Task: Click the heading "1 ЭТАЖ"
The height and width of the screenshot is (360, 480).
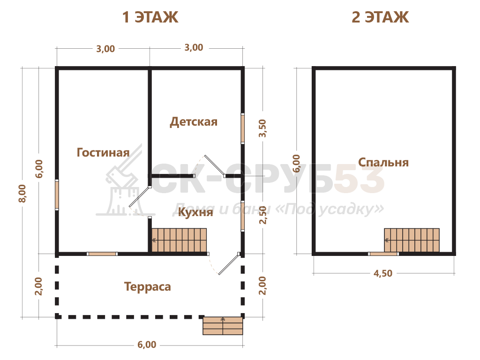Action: (x=150, y=17)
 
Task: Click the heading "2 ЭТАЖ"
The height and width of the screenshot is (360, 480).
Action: (x=380, y=17)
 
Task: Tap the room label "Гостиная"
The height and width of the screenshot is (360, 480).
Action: (x=103, y=152)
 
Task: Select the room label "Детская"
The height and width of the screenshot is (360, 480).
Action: (x=194, y=122)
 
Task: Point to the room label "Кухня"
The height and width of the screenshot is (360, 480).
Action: (x=195, y=212)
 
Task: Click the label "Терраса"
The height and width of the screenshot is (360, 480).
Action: (x=148, y=287)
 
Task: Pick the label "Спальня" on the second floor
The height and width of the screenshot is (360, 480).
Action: (x=383, y=162)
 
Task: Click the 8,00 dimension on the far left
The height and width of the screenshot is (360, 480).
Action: (x=22, y=193)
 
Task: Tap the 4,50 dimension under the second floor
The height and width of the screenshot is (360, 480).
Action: (x=382, y=273)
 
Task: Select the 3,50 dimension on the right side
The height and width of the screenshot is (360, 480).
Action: (x=262, y=128)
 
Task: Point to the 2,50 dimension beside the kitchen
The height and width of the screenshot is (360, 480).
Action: (x=262, y=215)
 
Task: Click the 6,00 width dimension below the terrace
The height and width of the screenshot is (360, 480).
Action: (x=147, y=345)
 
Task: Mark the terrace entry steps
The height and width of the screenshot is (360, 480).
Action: (x=223, y=326)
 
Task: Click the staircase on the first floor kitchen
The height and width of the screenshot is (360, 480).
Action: (x=179, y=240)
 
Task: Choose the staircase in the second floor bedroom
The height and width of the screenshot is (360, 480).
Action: (x=412, y=240)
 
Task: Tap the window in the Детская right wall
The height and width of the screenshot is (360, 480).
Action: (x=242, y=128)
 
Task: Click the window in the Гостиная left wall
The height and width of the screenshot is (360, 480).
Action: (x=57, y=195)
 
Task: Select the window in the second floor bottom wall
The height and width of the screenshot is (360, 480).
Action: (x=383, y=254)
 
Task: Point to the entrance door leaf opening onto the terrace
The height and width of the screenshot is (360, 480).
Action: (x=229, y=264)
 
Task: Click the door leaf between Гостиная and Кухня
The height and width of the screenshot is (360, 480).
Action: (x=139, y=196)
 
